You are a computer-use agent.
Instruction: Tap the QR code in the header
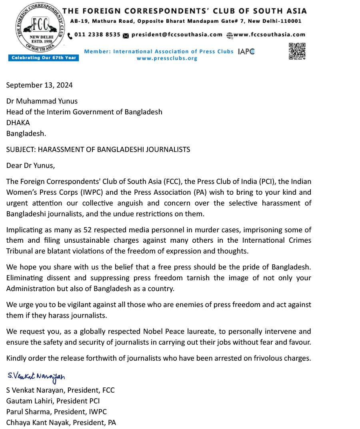(x=297, y=51)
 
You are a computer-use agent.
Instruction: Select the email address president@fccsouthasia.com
(x=176, y=35)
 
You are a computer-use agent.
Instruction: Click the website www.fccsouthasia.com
(x=269, y=35)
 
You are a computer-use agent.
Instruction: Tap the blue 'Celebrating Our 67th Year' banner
(x=44, y=58)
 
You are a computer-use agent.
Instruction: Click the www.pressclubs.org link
(x=167, y=58)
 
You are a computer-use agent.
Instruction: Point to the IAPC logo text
(x=246, y=52)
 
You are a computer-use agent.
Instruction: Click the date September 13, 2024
(x=40, y=85)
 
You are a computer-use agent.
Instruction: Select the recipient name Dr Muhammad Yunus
(x=42, y=101)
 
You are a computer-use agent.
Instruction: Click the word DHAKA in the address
(x=18, y=123)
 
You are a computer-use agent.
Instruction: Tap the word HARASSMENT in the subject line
(x=58, y=150)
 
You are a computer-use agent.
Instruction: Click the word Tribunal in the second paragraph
(x=20, y=251)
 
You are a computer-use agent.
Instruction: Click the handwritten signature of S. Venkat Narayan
(x=36, y=377)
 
